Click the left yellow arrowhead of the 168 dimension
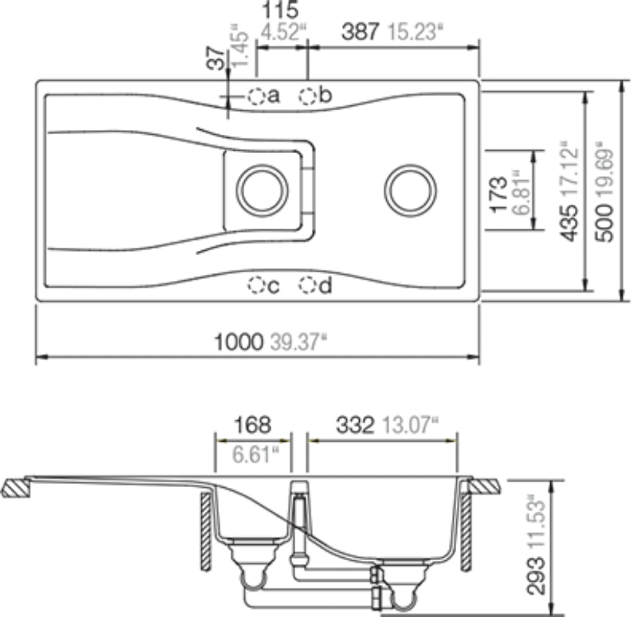[221, 441]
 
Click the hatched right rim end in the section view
[487, 488]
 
